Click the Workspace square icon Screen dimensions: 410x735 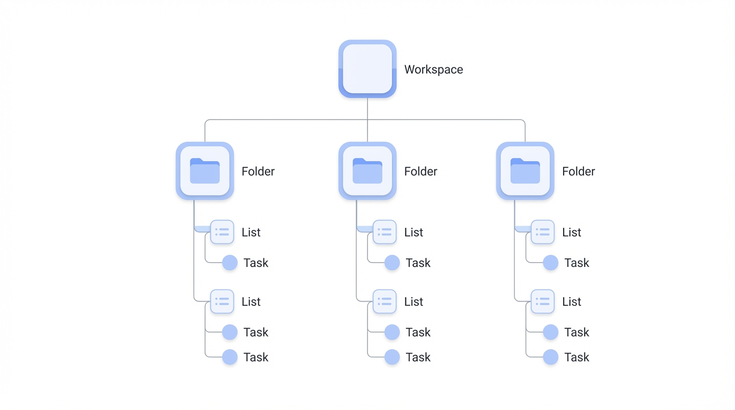click(367, 69)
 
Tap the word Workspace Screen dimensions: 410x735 click(433, 69)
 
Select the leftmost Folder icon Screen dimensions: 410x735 click(205, 171)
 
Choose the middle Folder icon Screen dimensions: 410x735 click(367, 171)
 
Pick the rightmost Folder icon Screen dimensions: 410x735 click(525, 171)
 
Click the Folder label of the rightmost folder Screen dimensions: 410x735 click(578, 171)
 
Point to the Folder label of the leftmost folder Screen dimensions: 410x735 click(257, 171)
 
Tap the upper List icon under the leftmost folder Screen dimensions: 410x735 click(222, 232)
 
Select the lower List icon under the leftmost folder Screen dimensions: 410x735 click(222, 302)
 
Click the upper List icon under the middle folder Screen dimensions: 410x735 click(385, 232)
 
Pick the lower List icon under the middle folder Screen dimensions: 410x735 click(385, 302)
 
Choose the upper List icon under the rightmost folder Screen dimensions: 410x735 click(543, 232)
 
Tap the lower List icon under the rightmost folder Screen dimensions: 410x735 click(543, 302)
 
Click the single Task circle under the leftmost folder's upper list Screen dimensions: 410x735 click(230, 263)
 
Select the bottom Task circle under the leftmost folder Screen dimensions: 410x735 click(230, 357)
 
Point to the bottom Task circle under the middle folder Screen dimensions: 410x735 click(392, 357)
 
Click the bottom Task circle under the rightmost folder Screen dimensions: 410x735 click(551, 357)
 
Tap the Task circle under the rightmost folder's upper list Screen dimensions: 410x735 click(551, 263)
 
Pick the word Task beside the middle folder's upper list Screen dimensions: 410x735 click(418, 263)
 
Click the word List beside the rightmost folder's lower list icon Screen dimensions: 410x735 click(571, 302)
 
